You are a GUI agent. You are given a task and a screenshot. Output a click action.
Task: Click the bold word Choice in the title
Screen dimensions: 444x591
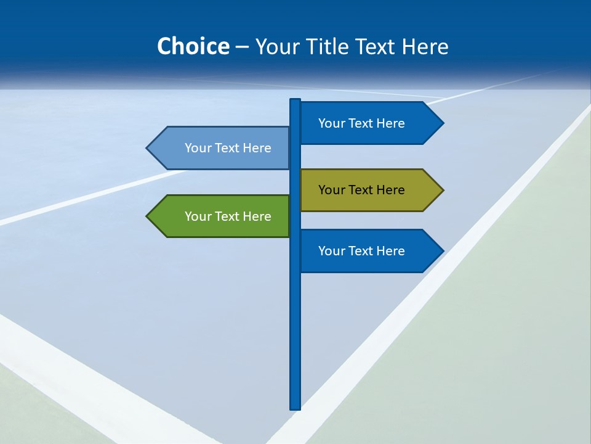pos(193,46)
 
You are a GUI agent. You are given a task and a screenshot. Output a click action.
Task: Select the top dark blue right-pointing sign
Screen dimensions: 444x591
pos(363,123)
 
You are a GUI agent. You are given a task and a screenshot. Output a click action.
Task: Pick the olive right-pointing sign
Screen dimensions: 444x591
pos(363,190)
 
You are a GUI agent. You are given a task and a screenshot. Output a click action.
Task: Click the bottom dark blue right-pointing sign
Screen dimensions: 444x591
pos(363,251)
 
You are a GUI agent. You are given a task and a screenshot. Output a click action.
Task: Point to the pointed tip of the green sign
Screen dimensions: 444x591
pos(148,216)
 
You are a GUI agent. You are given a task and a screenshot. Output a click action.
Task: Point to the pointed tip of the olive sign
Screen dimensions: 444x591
pos(442,190)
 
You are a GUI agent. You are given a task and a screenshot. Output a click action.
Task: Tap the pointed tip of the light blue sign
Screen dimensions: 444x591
pos(148,148)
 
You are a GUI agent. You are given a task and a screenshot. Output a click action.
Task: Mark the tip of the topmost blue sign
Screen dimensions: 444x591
pos(442,123)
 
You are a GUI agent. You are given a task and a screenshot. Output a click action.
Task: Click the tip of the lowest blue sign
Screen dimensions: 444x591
pos(442,251)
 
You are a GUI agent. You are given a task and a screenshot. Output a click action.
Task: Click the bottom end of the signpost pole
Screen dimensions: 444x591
pos(295,407)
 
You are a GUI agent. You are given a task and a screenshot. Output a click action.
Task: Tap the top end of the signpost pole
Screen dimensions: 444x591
pos(295,101)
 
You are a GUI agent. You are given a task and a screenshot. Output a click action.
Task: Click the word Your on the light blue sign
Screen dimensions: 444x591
pos(197,148)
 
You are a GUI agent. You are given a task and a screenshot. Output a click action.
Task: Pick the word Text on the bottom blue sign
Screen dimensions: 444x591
pos(361,251)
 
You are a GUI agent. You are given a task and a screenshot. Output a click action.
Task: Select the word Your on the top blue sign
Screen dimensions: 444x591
pos(331,123)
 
